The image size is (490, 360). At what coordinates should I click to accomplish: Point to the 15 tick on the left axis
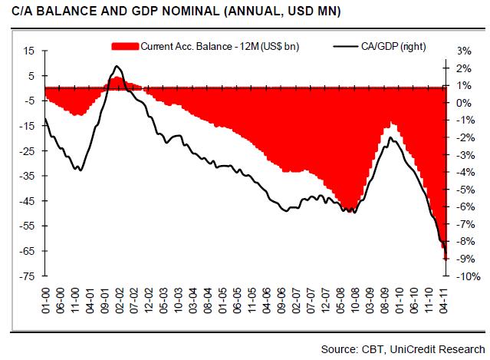pos(31,51)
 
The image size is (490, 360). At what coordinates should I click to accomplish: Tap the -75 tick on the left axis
pos(28,276)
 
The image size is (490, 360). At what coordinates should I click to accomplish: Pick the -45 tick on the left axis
pos(28,201)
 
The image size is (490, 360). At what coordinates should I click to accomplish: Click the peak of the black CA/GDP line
pos(116,66)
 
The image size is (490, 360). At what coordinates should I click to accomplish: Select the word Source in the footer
pos(341,349)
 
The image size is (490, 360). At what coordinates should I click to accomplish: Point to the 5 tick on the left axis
pos(33,76)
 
